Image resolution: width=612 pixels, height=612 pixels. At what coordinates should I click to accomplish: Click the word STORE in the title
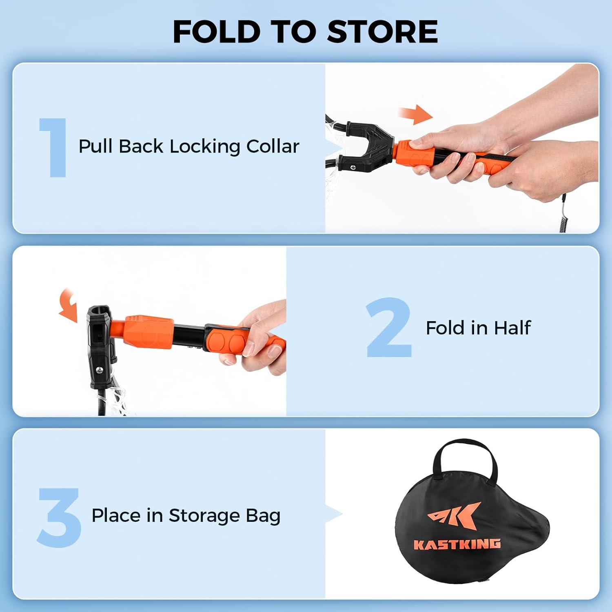382,31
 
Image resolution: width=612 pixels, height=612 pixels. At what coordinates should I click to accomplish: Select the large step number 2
388,328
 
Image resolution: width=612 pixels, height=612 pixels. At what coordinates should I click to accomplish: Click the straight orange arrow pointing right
415,115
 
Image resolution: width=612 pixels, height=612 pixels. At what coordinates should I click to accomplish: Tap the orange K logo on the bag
455,517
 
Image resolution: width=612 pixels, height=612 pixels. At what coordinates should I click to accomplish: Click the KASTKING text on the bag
457,544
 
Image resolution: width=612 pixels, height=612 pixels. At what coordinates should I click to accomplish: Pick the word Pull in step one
95,146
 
